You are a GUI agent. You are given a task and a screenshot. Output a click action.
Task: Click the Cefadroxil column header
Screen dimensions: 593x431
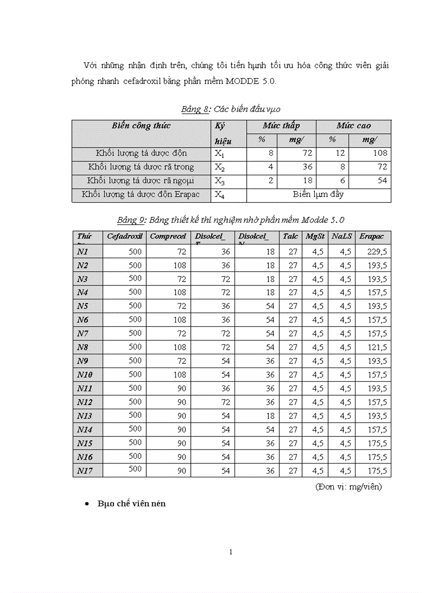125,237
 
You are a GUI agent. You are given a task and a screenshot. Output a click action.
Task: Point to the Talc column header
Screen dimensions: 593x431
290,237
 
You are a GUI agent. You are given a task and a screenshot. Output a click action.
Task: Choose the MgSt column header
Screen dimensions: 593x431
315,237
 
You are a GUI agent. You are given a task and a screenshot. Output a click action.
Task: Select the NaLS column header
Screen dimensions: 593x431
341,237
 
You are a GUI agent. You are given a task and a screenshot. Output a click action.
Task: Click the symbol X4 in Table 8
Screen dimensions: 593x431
219,195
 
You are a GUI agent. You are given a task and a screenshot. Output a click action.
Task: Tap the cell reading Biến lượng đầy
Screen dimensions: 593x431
318,194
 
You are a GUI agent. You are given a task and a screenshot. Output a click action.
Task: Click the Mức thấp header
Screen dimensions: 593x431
281,126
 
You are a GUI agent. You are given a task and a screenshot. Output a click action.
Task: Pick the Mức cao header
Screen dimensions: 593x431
353,126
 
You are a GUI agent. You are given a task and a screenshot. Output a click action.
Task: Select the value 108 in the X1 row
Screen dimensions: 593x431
380,153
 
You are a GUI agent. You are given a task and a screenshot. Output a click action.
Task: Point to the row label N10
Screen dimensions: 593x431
85,375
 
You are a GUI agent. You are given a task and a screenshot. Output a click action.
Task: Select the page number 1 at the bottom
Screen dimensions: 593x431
231,552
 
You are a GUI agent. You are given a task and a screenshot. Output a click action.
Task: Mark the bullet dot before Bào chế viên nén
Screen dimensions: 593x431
87,504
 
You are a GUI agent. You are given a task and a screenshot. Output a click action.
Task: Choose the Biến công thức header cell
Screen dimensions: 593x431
141,126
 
